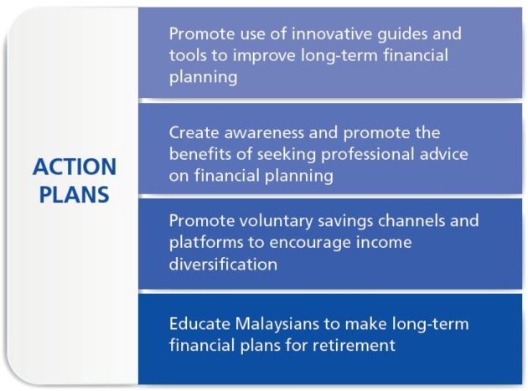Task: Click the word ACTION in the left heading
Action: tap(75, 167)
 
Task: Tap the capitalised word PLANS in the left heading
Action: tap(75, 194)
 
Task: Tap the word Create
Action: tap(194, 132)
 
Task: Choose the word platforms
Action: tap(206, 243)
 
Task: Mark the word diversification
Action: tap(223, 264)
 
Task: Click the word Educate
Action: tap(199, 324)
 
